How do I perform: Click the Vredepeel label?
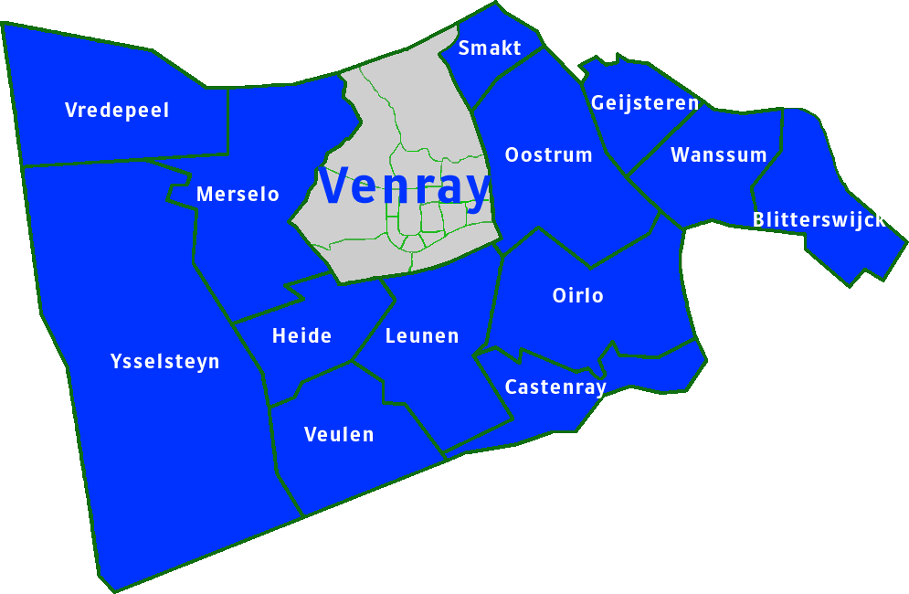(117, 111)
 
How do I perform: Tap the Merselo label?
(238, 195)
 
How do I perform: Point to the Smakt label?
(490, 48)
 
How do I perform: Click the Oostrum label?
(548, 154)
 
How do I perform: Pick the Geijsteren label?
(644, 103)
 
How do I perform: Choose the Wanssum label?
(718, 154)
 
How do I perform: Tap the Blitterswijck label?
(819, 220)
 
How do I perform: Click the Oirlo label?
(577, 296)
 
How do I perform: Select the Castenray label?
(555, 387)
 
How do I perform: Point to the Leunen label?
(421, 335)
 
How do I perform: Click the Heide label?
(301, 335)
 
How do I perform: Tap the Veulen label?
(339, 434)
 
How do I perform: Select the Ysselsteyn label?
(164, 361)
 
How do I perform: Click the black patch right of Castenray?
(618, 395)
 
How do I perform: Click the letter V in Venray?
(335, 186)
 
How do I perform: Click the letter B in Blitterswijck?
(758, 220)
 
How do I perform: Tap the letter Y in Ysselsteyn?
(116, 361)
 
